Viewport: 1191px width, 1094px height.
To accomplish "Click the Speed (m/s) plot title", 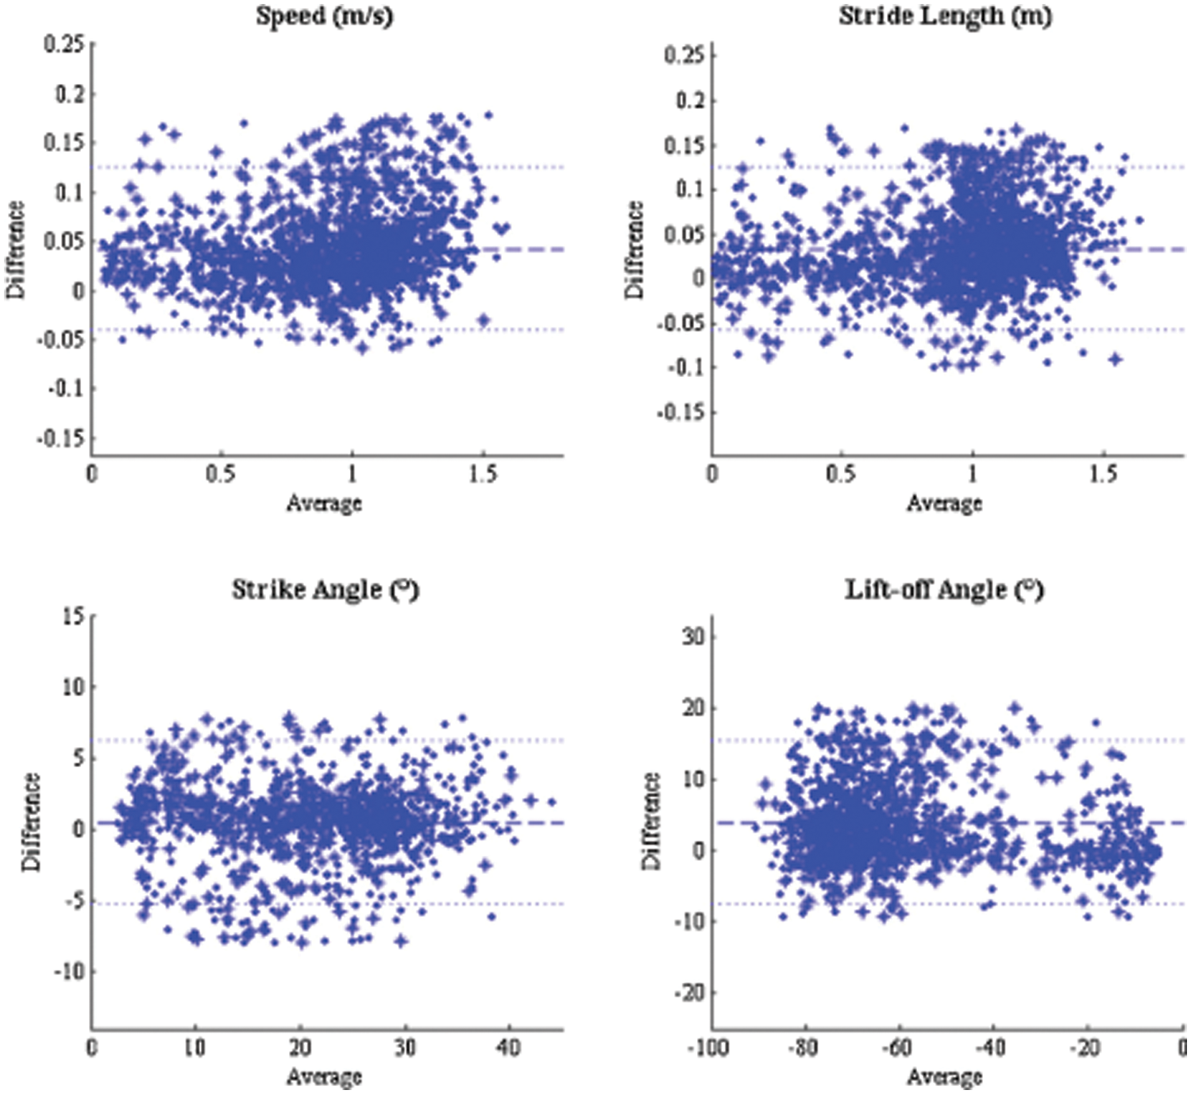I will click(324, 17).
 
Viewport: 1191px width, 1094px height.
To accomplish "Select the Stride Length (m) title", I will click(945, 17).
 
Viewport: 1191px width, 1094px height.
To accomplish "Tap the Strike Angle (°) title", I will click(325, 590).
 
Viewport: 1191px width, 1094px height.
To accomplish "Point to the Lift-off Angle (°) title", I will click(943, 590).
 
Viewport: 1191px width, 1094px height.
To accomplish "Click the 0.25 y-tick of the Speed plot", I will click(64, 44).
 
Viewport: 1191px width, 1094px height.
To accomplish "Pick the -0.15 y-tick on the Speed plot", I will click(60, 438).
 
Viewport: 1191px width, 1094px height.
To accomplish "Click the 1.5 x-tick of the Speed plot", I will click(482, 474).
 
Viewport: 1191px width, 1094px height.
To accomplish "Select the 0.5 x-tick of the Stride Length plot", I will click(841, 474).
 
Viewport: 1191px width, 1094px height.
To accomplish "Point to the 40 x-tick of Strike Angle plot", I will click(508, 1048).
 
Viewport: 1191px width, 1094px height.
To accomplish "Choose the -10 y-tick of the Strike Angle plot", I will click(68, 972).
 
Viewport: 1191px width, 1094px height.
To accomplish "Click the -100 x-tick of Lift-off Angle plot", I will click(707, 1048).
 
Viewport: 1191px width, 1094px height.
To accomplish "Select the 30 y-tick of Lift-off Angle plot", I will click(693, 637).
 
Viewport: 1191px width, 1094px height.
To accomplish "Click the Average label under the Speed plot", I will click(324, 503).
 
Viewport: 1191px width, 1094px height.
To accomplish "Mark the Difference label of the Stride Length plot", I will click(634, 250).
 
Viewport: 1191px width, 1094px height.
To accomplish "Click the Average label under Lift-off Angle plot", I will click(945, 1077).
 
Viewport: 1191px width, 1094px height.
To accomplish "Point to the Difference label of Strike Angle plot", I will click(31, 822).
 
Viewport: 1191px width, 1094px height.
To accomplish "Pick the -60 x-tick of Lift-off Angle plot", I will click(896, 1048).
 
